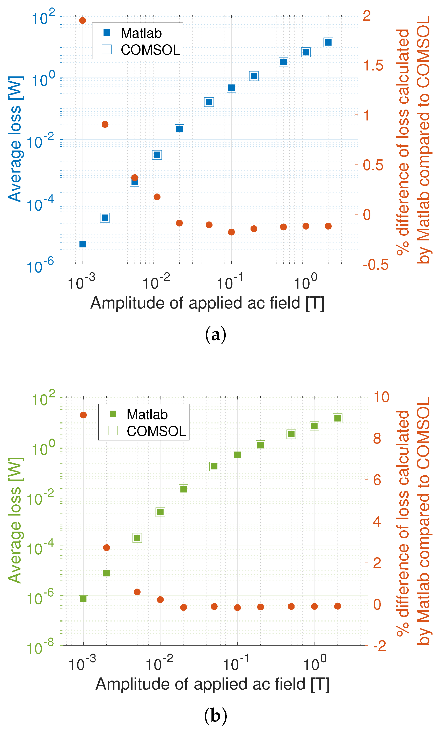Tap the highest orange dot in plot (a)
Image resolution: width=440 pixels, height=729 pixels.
83,20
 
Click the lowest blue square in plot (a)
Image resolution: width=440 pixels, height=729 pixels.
83,244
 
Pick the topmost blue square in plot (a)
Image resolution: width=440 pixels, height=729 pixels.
328,42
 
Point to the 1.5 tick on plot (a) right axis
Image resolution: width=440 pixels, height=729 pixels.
373,65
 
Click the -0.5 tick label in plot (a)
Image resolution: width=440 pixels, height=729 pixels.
375,264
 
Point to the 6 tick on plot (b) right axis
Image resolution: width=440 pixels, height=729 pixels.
377,480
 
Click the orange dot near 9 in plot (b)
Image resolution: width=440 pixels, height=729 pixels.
83,415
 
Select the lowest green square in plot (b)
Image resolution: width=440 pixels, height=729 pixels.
83,599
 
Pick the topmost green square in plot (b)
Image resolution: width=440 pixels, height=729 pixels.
338,418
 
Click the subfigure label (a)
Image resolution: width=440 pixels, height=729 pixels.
215,335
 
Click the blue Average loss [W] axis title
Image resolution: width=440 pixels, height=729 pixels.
15,139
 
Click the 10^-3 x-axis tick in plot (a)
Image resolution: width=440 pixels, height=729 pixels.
81,282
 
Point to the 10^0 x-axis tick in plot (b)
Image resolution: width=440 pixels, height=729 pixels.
315,663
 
